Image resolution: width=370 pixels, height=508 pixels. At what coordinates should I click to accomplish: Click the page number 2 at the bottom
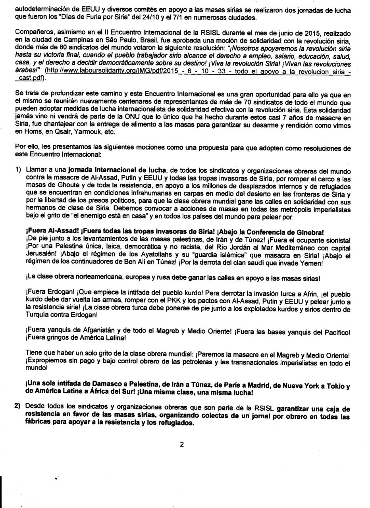pos(182,455)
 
